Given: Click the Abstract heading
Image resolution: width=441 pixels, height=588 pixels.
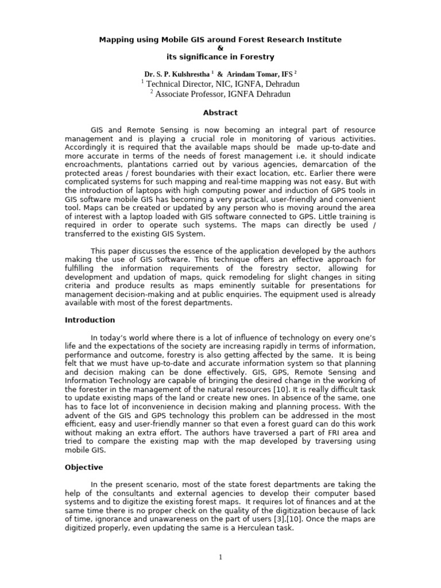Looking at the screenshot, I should [220, 113].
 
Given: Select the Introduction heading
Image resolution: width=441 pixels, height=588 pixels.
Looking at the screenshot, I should [90, 320].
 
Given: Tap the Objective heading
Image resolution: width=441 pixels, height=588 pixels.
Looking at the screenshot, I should [84, 467].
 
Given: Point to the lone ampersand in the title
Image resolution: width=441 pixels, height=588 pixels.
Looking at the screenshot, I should [220, 48].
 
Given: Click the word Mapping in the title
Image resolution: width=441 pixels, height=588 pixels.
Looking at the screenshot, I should [116, 40].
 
